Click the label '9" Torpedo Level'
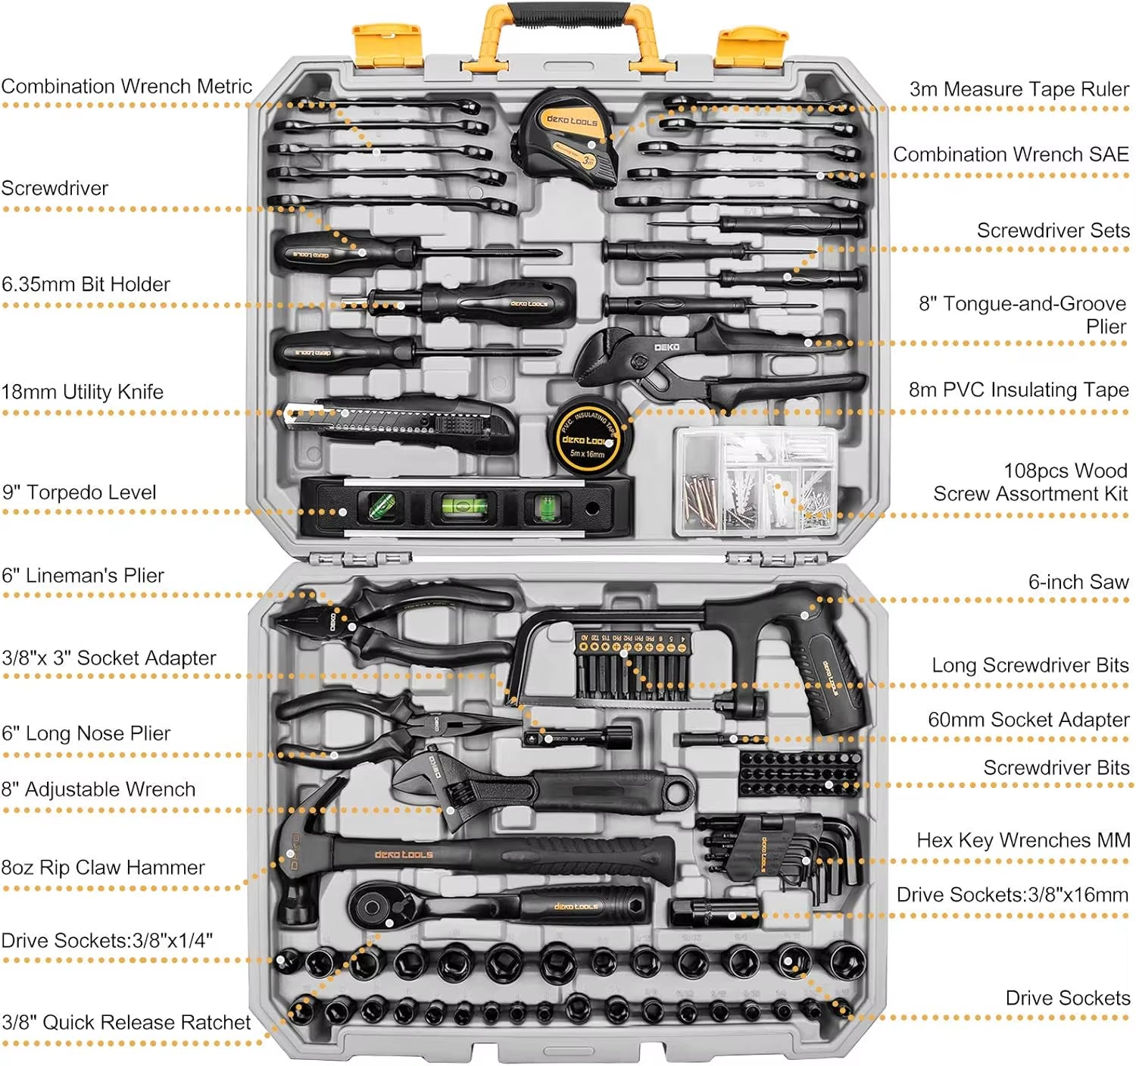pos(79,492)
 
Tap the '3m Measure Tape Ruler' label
pos(1019,89)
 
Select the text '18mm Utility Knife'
pos(82,392)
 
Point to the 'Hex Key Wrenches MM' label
pos(1022,840)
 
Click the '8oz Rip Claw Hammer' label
pos(103,867)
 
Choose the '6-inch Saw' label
pos(1078,582)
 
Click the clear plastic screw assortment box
pos(756,481)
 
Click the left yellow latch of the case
pos(386,42)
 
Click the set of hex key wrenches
pos(788,852)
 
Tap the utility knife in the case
pos(401,423)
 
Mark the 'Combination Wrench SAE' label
pos(1010,155)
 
